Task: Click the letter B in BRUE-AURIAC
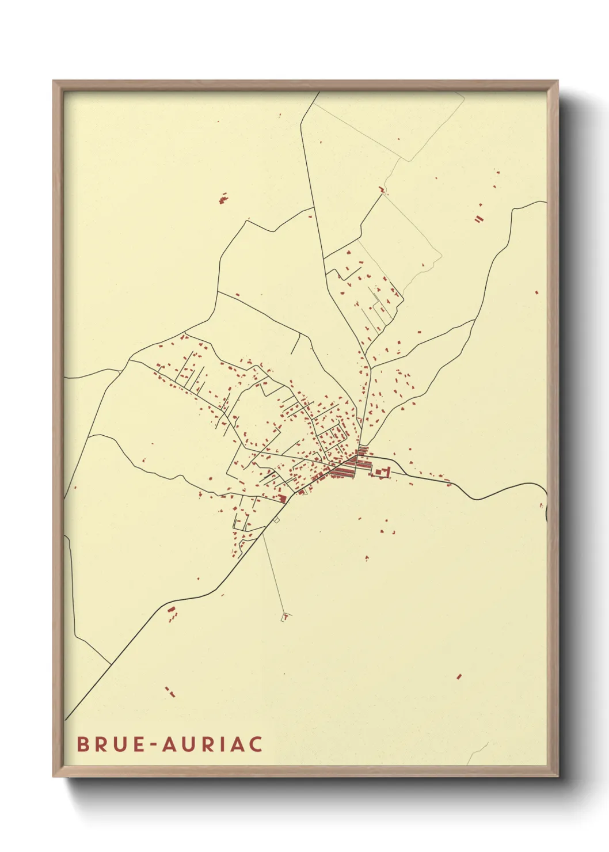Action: [83, 744]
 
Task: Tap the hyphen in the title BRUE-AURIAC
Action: [154, 745]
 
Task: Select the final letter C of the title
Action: [256, 744]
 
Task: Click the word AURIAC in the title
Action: [212, 744]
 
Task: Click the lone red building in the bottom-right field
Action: [459, 676]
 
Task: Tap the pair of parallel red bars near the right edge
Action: [478, 219]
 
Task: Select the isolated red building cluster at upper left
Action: [223, 199]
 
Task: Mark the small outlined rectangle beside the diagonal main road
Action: [277, 520]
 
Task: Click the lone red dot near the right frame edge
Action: [536, 292]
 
